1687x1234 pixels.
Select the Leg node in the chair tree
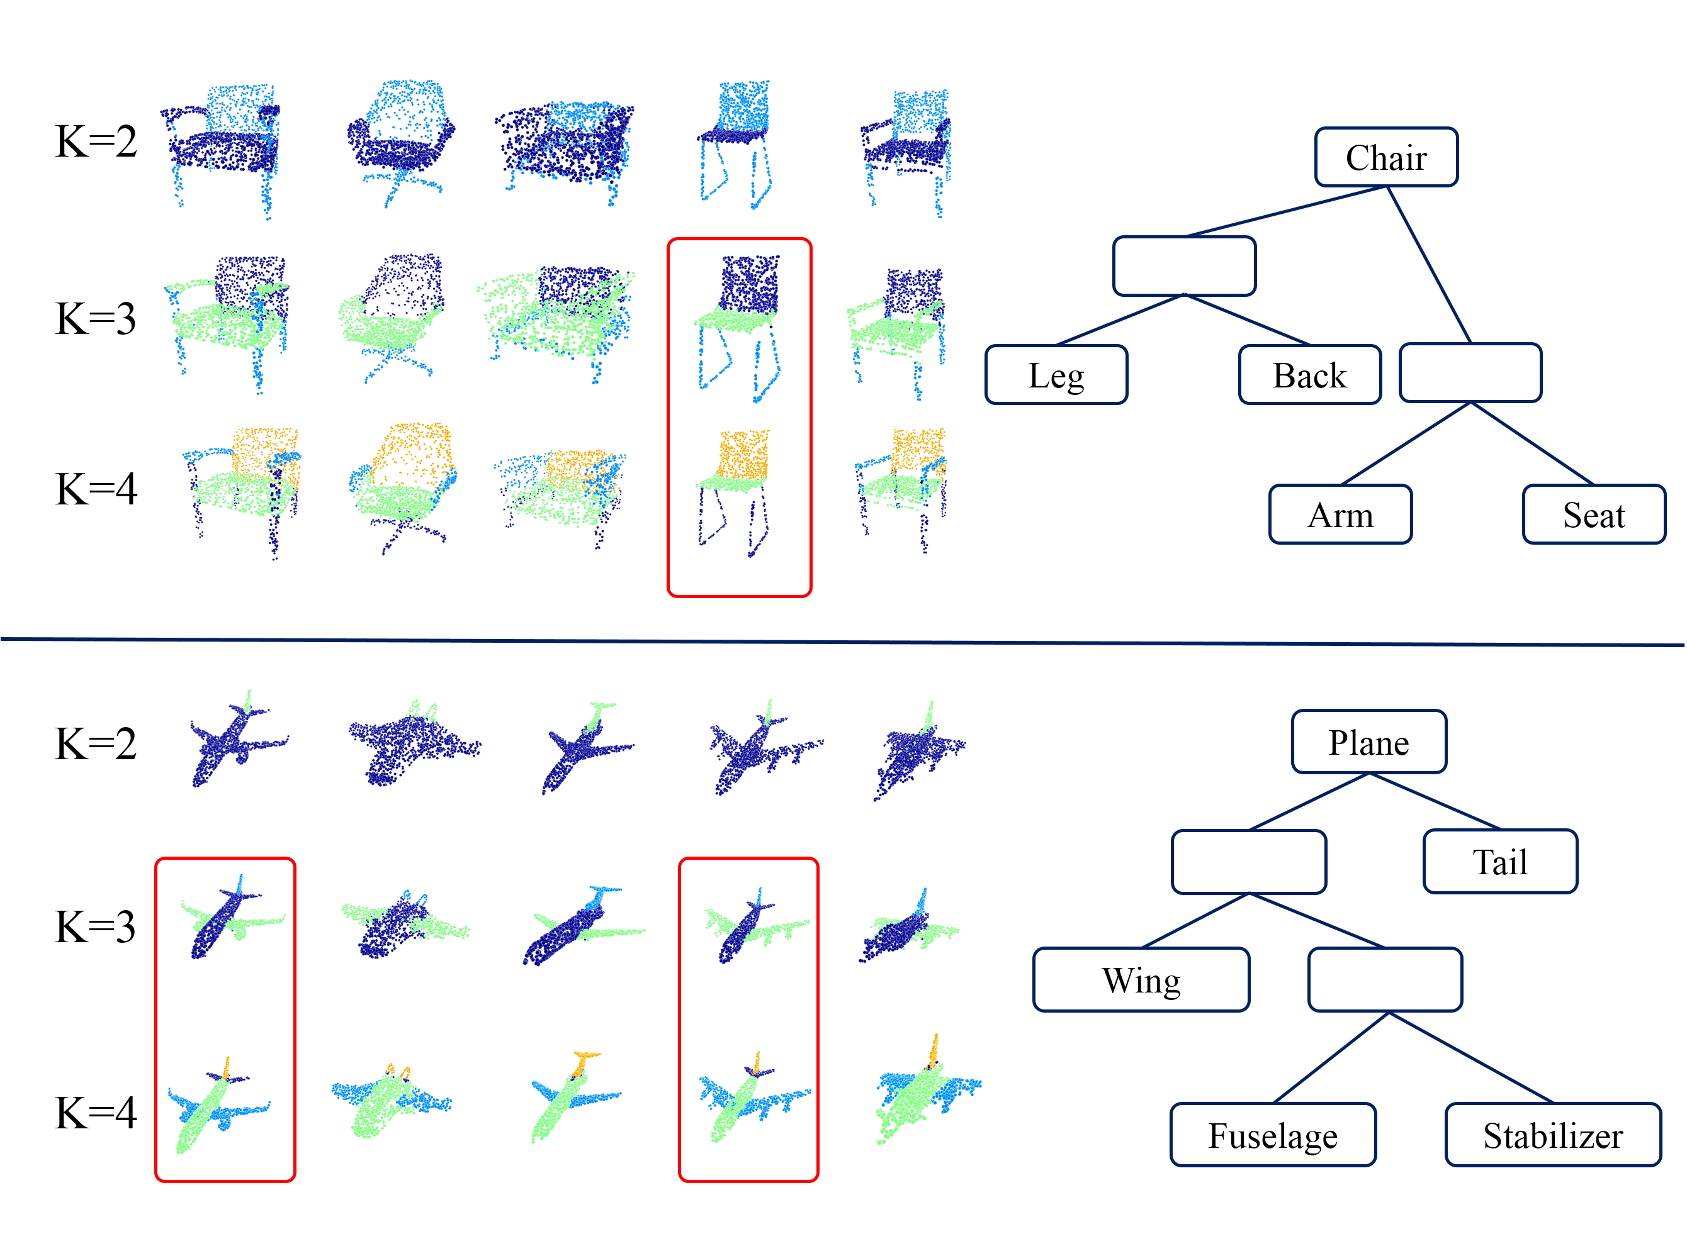tap(1056, 375)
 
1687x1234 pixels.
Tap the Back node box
tap(1309, 375)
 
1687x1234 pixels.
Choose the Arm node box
tap(1340, 514)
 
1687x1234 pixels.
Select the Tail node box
tap(1499, 861)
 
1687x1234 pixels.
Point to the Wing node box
tap(1141, 980)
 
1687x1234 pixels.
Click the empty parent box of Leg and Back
tap(1183, 266)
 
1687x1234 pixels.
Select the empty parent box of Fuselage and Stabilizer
tap(1384, 980)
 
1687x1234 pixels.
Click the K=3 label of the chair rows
tap(96, 318)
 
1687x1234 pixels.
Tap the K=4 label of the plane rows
tap(96, 1113)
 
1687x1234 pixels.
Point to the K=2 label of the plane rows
tap(96, 744)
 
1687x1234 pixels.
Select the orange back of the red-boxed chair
tap(743, 454)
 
